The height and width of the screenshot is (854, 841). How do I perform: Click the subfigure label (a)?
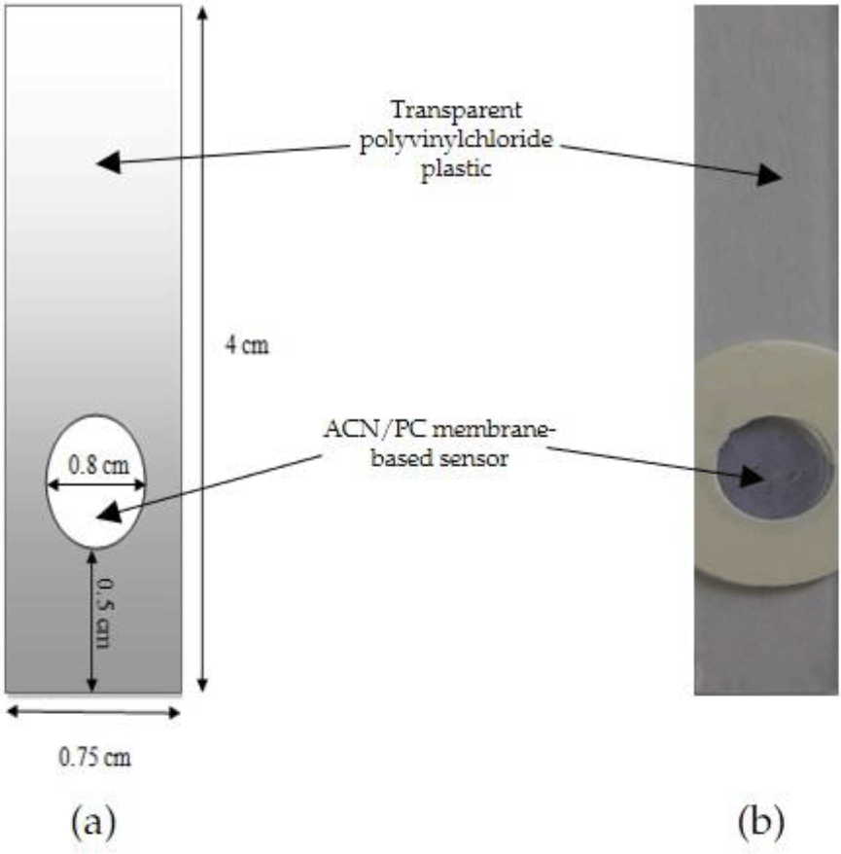coord(93,824)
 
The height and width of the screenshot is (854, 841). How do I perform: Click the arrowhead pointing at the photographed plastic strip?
coord(771,175)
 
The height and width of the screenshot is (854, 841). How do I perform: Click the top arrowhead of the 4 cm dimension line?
coord(201,14)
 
